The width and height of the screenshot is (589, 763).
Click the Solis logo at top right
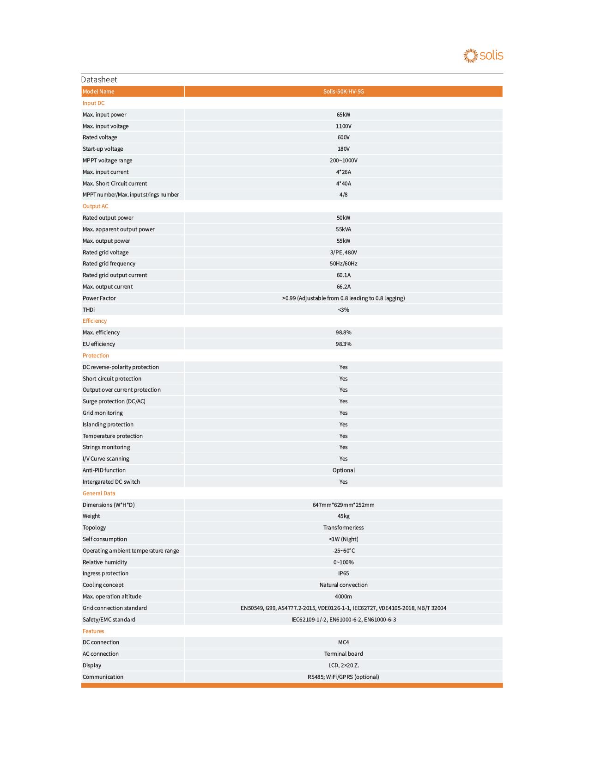483,55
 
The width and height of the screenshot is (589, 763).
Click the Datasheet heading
99,80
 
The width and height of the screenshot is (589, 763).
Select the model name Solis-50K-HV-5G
343,92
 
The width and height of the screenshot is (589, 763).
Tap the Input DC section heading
93,103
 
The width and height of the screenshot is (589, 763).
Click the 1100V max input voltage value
343,126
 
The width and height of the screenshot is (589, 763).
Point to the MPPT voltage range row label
107,160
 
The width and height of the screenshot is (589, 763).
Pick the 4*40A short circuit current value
343,184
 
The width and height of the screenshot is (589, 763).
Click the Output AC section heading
95,206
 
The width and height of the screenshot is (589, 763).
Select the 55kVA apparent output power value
343,229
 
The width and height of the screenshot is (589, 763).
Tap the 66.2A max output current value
343,287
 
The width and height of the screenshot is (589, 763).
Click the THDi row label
89,310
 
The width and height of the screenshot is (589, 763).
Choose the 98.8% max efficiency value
343,332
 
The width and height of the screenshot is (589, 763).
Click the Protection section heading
96,356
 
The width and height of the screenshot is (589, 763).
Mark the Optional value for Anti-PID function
343,470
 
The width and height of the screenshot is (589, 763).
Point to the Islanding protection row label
108,425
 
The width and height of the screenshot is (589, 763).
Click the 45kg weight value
343,516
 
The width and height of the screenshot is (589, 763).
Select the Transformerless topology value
343,528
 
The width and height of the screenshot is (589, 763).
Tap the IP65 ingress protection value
343,573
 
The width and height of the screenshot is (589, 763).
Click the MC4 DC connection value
343,642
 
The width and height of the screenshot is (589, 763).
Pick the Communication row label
103,677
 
